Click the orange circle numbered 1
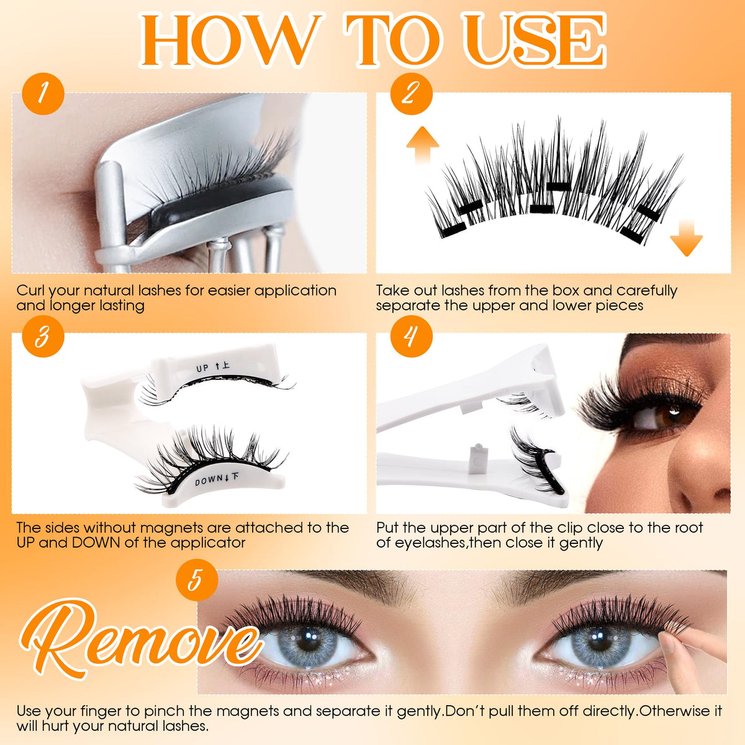click(x=43, y=94)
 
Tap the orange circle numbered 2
click(x=412, y=94)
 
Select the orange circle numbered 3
click(x=43, y=336)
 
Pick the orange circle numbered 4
click(x=412, y=336)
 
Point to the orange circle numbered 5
click(x=197, y=579)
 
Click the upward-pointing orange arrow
click(x=423, y=145)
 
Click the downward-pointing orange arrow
click(x=686, y=238)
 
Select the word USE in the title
click(x=538, y=40)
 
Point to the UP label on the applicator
click(x=202, y=368)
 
